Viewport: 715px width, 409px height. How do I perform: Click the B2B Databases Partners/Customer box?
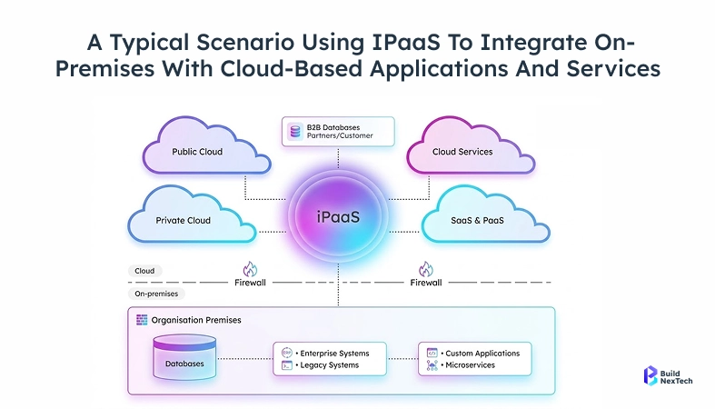coord(338,132)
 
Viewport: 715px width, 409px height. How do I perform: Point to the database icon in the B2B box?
coord(295,132)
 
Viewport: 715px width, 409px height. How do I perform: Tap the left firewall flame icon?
coord(251,269)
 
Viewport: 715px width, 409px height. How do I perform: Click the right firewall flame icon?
coord(425,269)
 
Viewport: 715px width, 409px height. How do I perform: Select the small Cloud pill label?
coord(144,271)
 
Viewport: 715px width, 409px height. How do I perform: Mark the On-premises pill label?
coord(156,294)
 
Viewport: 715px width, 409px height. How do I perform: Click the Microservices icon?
coord(432,365)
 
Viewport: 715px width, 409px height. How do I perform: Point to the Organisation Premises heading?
coord(196,320)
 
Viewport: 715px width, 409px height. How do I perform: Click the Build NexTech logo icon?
coord(650,376)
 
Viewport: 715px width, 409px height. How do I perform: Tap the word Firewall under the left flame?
coord(251,283)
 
